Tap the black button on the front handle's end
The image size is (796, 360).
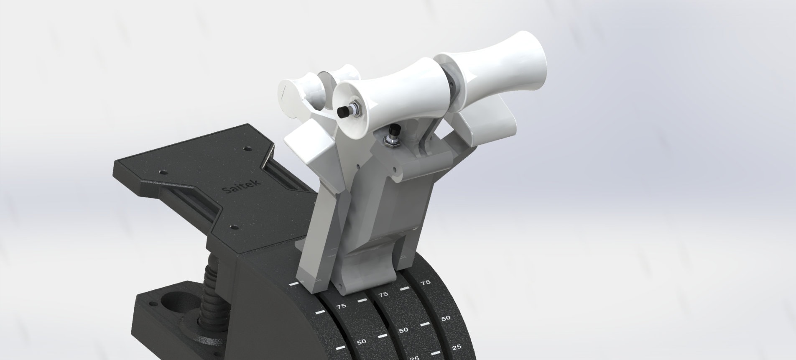point(343,112)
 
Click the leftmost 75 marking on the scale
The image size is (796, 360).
point(341,306)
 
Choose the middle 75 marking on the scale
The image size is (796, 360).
point(383,294)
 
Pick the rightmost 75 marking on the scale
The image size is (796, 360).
point(425,283)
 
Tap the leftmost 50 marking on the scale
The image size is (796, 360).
point(362,342)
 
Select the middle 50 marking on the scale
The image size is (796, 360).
point(403,330)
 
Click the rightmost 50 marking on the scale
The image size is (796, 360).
point(446,318)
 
